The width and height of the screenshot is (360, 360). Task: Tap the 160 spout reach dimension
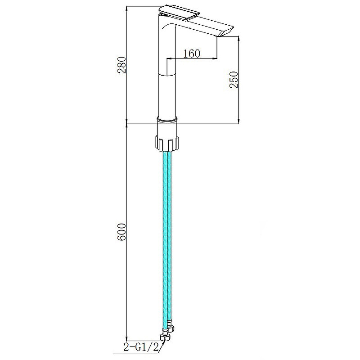click(192, 54)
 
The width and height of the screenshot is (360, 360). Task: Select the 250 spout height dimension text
click(234, 80)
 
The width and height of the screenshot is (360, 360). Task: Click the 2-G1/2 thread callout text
click(141, 348)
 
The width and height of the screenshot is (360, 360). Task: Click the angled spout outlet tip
click(226, 31)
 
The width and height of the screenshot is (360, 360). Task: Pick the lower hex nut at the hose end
click(165, 337)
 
